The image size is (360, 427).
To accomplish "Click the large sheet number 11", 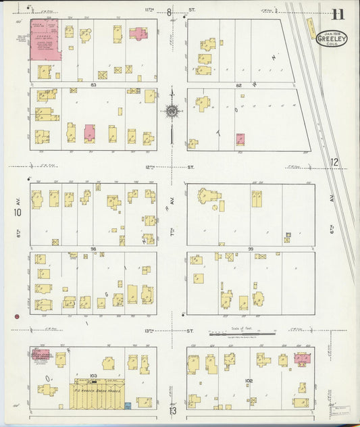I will coord(338,13).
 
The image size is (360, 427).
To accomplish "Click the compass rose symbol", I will coord(172,111).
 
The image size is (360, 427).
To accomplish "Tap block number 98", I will coord(93,249).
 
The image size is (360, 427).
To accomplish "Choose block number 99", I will coord(250,249).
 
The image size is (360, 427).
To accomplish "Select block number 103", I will coord(93,375).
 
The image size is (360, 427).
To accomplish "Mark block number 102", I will coord(249,381).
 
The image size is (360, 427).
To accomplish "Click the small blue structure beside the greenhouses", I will coord(127,405).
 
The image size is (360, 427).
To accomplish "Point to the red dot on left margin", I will coord(16,316).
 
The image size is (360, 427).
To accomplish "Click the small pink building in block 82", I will coord(240,139).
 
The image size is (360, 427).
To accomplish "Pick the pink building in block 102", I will coord(303,359).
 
